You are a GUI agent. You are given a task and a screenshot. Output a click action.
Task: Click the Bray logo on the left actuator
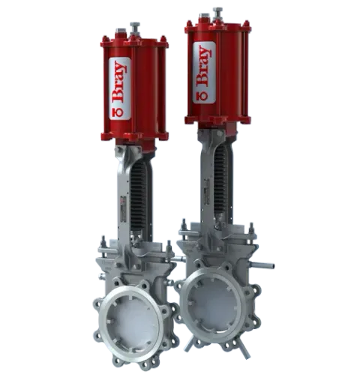[x=119, y=88]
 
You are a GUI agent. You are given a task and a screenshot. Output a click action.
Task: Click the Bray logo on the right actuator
[x=204, y=72]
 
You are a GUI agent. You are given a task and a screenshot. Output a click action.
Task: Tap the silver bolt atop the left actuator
[x=135, y=27]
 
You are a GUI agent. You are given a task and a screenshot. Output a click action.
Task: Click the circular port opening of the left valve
[x=133, y=322]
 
